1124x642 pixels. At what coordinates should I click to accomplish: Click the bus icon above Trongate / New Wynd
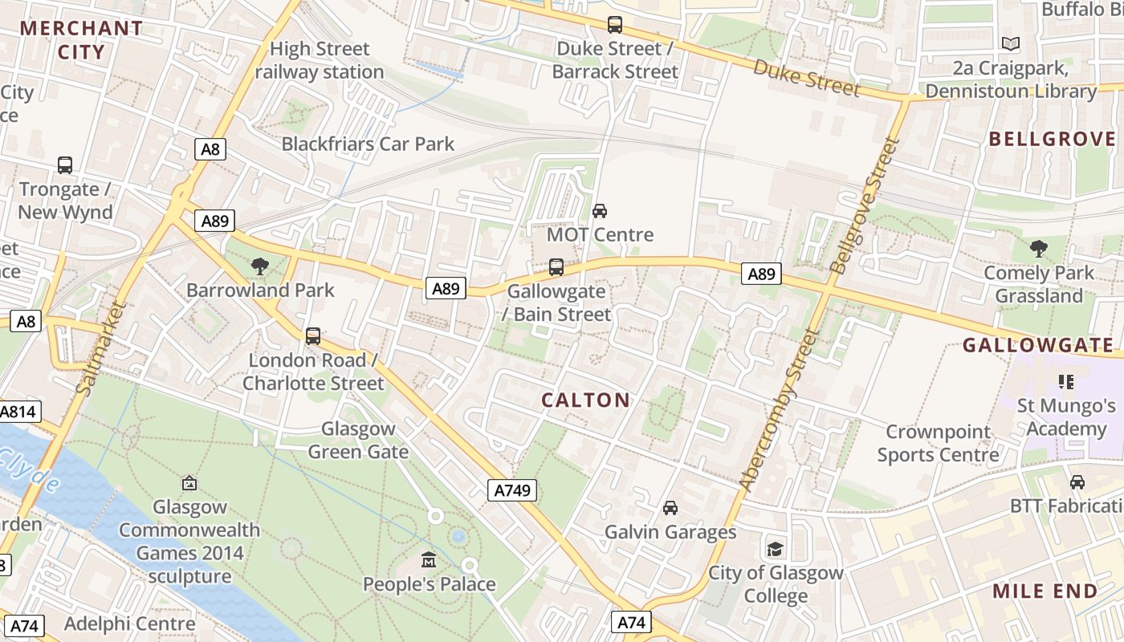click(x=65, y=165)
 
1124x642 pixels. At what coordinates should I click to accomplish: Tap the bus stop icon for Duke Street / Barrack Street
click(x=615, y=25)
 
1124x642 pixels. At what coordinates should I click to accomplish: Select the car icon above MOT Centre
click(x=599, y=211)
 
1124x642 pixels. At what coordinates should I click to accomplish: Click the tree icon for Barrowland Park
click(x=259, y=266)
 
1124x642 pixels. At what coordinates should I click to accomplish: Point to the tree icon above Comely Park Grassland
click(x=1039, y=249)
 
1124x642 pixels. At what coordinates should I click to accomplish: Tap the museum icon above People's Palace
click(x=429, y=559)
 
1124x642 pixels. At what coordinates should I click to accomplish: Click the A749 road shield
click(x=511, y=490)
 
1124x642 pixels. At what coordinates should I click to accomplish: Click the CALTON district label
click(x=585, y=400)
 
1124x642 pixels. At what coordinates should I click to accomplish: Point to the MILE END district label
click(x=1045, y=591)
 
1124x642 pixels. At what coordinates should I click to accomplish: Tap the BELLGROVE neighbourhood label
click(x=1052, y=139)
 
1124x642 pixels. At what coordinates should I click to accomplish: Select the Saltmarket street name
click(x=100, y=347)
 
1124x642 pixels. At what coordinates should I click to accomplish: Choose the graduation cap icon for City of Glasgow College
click(x=775, y=549)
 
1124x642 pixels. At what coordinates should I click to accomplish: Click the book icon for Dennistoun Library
click(x=1011, y=43)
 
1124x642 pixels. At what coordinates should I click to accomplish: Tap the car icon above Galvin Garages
click(x=670, y=508)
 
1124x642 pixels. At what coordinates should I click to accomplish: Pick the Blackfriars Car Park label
click(x=368, y=144)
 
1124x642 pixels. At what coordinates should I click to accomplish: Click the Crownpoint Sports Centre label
click(x=938, y=443)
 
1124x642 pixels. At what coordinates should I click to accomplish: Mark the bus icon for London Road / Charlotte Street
click(x=313, y=336)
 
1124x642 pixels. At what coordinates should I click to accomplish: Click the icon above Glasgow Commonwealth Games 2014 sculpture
click(x=189, y=483)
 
